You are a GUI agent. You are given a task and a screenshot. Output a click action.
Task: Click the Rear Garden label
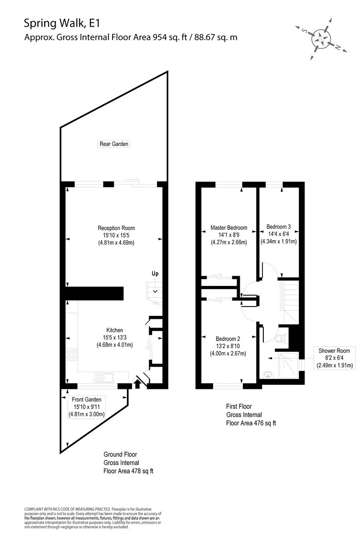click(114, 144)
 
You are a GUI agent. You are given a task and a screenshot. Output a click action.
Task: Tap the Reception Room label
click(116, 228)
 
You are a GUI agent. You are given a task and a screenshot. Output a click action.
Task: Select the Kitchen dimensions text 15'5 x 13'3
click(115, 337)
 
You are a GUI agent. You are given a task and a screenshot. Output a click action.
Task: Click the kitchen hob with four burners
click(71, 354)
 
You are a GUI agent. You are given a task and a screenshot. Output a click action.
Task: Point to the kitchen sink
click(104, 377)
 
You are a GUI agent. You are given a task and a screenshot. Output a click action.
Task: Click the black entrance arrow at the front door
click(137, 383)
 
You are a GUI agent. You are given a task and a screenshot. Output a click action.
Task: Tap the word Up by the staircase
click(155, 274)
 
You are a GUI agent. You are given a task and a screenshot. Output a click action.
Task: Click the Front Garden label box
click(86, 407)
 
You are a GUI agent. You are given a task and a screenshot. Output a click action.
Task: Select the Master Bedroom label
click(229, 228)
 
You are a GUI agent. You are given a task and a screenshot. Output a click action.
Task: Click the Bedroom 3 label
click(278, 227)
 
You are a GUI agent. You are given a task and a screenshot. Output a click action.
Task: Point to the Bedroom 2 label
click(228, 339)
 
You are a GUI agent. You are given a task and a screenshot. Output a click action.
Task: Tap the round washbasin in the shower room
click(267, 375)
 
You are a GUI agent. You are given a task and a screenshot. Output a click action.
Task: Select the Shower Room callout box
click(334, 358)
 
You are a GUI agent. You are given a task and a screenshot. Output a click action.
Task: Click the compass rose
click(321, 39)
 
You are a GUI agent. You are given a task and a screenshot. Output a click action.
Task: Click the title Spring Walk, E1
click(62, 24)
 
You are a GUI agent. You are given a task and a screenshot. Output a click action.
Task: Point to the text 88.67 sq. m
click(215, 37)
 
